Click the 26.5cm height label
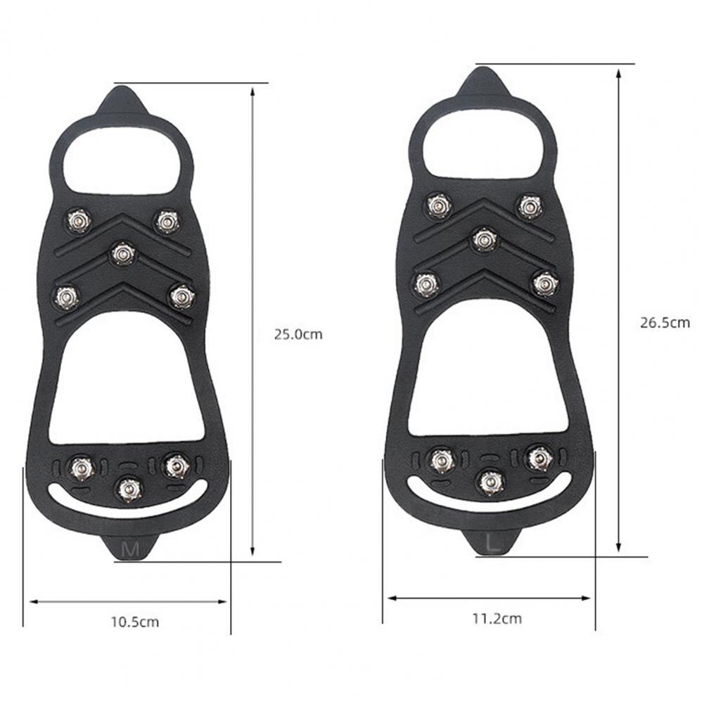coord(665,323)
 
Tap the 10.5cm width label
coord(134,622)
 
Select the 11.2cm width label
coord(497,619)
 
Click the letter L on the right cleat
coord(494,542)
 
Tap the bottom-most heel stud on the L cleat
coord(490,481)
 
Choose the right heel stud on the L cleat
coord(538,458)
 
